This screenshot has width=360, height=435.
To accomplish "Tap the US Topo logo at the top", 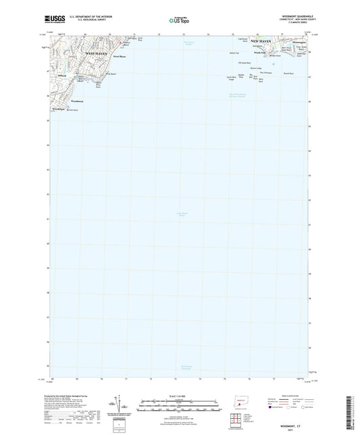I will click(179, 21).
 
